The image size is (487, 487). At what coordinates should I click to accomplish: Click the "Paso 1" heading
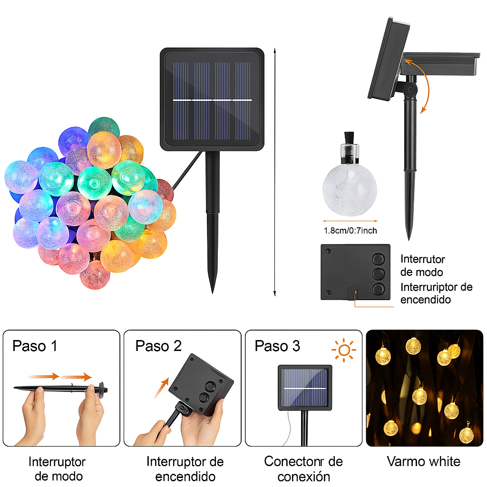pos(35,346)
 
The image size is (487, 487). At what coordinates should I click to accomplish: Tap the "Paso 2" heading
pos(158,346)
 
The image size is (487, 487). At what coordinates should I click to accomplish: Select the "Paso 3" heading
pos(277,346)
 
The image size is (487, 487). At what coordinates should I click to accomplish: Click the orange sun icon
pos(344,351)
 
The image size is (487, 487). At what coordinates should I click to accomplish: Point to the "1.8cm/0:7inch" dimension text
pos(350,231)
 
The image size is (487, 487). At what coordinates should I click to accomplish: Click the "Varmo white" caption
pos(424,461)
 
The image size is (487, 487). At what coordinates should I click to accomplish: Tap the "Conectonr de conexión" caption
pos(303,468)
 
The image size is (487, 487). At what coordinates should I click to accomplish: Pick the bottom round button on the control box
pos(379,288)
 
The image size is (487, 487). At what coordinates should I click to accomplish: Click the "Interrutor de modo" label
pos(422,266)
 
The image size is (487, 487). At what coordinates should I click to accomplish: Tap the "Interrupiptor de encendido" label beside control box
pos(436,293)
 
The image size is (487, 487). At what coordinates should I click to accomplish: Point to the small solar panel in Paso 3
pos(305,387)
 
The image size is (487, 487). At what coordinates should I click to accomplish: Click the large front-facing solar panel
pos(212,99)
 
